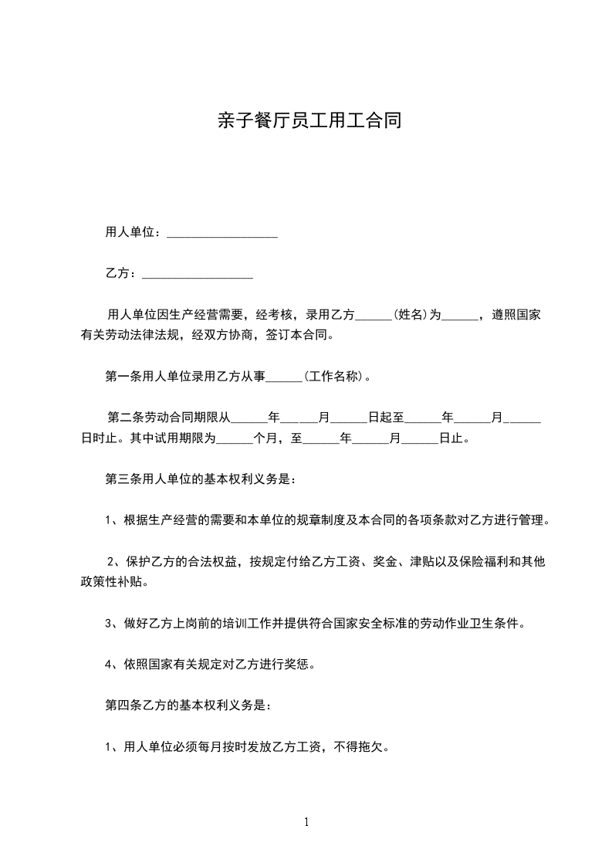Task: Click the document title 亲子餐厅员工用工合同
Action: pyautogui.click(x=307, y=122)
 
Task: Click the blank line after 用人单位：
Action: pyautogui.click(x=221, y=233)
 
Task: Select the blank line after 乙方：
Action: pyautogui.click(x=198, y=274)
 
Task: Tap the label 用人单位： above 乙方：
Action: pyautogui.click(x=133, y=232)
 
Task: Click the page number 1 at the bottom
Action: pyautogui.click(x=306, y=822)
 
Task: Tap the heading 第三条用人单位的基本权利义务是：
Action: pyautogui.click(x=199, y=479)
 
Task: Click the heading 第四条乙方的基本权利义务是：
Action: pyautogui.click(x=188, y=705)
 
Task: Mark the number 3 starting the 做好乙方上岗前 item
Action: pyautogui.click(x=109, y=623)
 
